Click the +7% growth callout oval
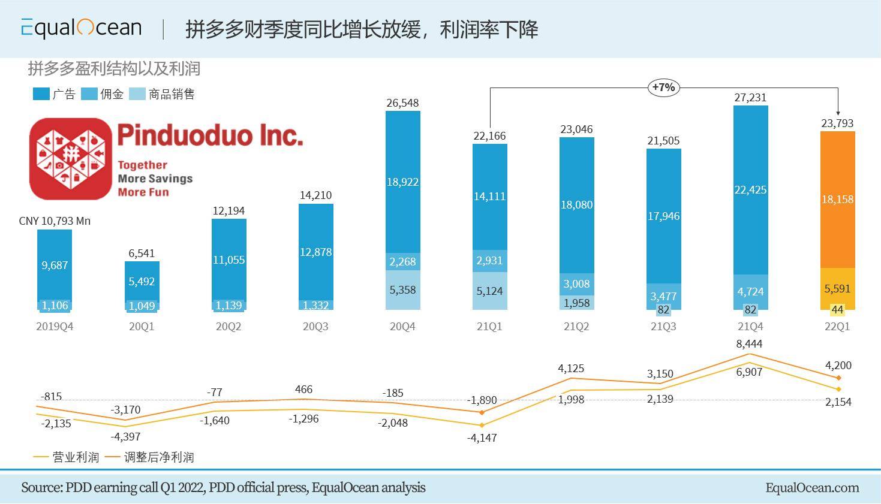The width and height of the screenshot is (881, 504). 663,87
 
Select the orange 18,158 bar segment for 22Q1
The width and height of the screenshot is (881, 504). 837,199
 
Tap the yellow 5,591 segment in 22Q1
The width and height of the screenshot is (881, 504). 837,288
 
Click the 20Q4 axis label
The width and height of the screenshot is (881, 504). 402,327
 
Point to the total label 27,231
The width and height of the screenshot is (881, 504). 750,98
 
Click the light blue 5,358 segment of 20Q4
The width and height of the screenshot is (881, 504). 402,290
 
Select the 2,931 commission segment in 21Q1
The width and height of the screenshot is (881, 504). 489,261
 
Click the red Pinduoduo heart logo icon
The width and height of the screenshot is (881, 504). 71,159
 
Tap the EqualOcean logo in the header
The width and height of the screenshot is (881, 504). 81,28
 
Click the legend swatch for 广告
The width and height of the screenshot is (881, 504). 41,94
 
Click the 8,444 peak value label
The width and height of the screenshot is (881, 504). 750,344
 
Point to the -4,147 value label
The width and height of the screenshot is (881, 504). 482,437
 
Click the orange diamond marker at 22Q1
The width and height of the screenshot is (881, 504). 838,378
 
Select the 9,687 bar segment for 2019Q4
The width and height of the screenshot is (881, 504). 55,265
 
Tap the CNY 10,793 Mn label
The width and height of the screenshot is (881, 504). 55,221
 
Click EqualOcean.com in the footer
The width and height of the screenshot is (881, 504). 811,488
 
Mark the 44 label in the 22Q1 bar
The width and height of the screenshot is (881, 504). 837,310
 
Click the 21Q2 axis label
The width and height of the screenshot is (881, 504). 576,327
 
